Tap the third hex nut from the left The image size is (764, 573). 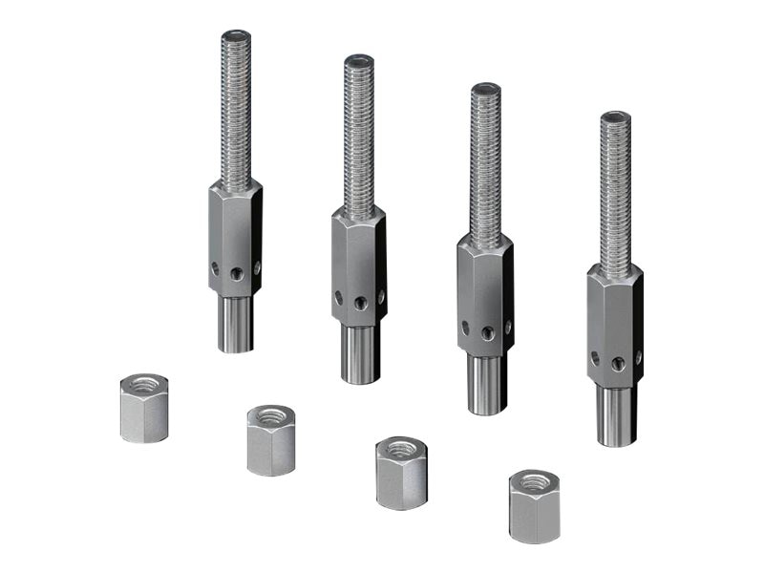pos(400,473)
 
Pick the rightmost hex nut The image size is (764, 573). pos(534,506)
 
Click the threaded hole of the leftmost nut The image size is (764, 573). pos(145,385)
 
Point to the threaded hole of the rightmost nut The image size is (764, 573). pos(534,480)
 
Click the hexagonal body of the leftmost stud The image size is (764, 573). pos(235,239)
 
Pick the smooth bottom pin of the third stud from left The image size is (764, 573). pos(486,384)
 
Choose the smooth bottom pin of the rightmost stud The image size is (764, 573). pos(616,415)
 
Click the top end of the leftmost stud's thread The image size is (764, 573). pos(236,36)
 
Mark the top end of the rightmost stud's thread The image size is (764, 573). pos(615,117)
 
